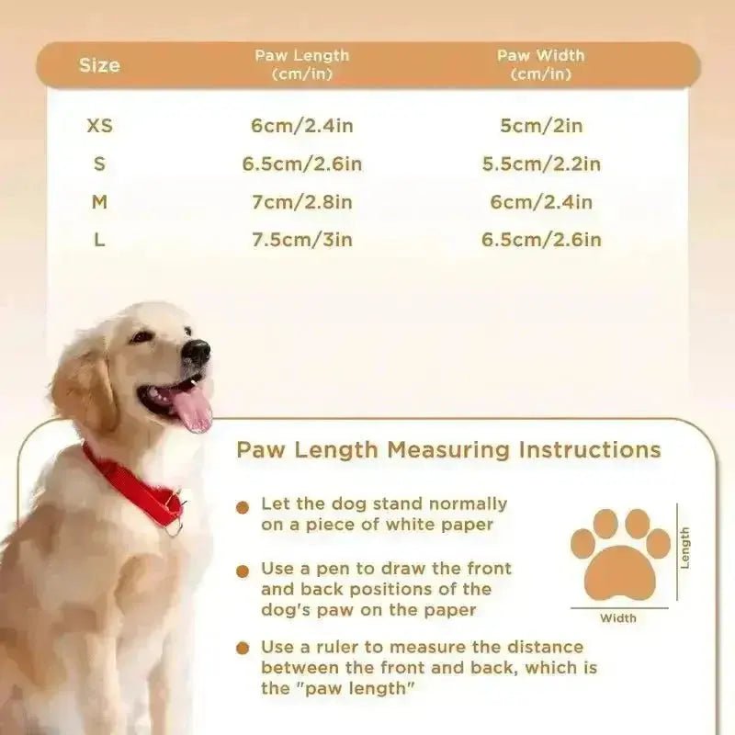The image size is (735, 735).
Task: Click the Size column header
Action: click(x=99, y=65)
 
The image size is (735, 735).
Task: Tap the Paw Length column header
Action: click(x=302, y=64)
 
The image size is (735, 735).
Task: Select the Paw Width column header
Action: click(x=541, y=64)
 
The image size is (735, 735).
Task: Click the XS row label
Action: click(x=100, y=125)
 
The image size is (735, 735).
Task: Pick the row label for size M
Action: click(x=99, y=202)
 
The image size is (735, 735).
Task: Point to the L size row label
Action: click(x=99, y=240)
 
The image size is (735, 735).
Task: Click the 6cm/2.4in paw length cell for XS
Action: click(x=302, y=126)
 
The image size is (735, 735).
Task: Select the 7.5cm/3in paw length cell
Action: click(x=302, y=240)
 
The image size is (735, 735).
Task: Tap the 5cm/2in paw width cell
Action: click(x=541, y=126)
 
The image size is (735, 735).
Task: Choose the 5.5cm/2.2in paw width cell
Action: click(x=541, y=164)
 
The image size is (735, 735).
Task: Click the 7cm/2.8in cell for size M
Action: click(x=302, y=202)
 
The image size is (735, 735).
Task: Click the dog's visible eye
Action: click(x=141, y=336)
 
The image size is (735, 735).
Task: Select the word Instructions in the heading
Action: click(x=590, y=450)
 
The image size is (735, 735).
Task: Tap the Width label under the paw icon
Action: click(x=618, y=618)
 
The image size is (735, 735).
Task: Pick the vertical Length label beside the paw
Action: click(x=684, y=548)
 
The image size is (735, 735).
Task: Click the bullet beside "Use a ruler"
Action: click(x=243, y=649)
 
